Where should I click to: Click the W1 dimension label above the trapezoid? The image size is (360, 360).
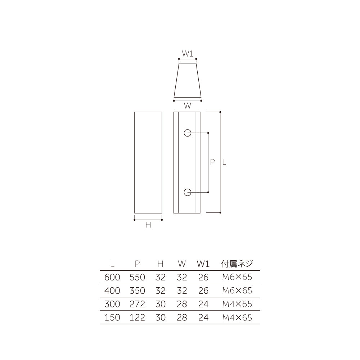(x=188, y=54)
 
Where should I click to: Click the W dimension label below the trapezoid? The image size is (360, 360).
(x=187, y=106)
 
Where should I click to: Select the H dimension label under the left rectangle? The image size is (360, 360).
(x=148, y=225)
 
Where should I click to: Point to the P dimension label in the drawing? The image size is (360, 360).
(x=212, y=162)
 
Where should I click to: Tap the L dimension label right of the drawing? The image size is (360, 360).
(x=224, y=162)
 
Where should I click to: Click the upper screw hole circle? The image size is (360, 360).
(x=187, y=133)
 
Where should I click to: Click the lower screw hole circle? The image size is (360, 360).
(x=187, y=193)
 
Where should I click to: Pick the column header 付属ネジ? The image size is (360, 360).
(x=237, y=264)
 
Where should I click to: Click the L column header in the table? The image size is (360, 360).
(x=112, y=264)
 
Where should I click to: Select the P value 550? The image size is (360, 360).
(x=137, y=277)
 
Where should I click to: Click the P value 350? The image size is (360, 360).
(x=137, y=291)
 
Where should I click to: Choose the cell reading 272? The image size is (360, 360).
(x=137, y=304)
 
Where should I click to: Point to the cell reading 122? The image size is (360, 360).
(x=137, y=318)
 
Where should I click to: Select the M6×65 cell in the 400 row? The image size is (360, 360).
(x=237, y=291)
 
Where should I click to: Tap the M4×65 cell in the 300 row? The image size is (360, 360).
(x=237, y=304)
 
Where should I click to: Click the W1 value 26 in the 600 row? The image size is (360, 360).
(x=203, y=277)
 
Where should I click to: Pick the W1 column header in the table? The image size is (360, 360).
(x=203, y=264)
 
